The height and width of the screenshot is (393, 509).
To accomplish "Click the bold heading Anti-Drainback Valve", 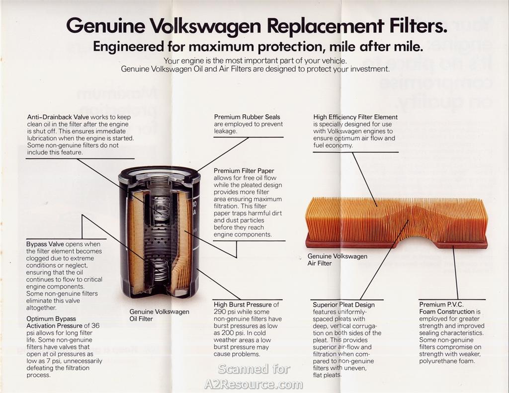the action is pyautogui.click(x=58, y=117).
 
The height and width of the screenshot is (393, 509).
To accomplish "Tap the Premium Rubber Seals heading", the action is pyautogui.click(x=247, y=117).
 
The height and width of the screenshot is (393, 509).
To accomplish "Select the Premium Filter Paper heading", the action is pyautogui.click(x=244, y=171).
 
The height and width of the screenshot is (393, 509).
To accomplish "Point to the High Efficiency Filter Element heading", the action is pyautogui.click(x=355, y=117).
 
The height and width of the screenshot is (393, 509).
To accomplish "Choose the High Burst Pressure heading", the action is pyautogui.click(x=243, y=305).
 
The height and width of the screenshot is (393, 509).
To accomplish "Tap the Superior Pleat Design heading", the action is pyautogui.click(x=344, y=305).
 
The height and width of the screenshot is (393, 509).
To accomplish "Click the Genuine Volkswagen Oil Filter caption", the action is pyautogui.click(x=159, y=315).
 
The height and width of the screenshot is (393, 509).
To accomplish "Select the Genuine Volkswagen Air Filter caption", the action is pyautogui.click(x=338, y=260).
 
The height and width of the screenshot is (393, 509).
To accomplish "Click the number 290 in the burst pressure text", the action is pyautogui.click(x=219, y=312).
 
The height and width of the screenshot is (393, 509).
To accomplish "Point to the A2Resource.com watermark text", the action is pyautogui.click(x=254, y=384).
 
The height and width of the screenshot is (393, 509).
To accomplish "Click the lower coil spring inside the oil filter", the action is pyautogui.click(x=160, y=269).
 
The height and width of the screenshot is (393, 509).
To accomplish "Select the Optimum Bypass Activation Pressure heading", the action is pyautogui.click(x=54, y=322).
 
